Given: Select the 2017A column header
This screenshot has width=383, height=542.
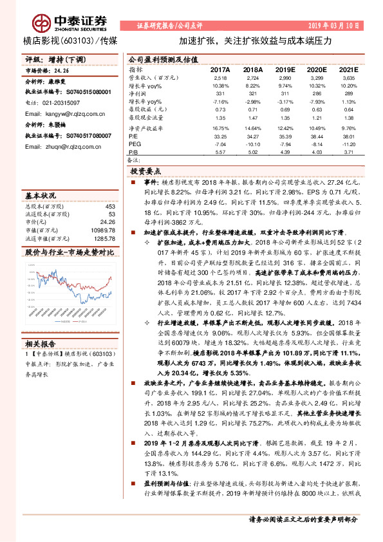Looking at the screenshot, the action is [220, 69].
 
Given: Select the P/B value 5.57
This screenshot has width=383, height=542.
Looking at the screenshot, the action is [220, 153].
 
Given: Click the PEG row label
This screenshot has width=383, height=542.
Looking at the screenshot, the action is [135, 145].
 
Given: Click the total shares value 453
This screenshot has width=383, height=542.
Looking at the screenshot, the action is [110, 207].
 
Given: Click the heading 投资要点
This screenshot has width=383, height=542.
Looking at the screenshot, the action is [147, 173].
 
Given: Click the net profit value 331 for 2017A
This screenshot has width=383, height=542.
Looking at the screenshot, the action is [220, 93].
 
